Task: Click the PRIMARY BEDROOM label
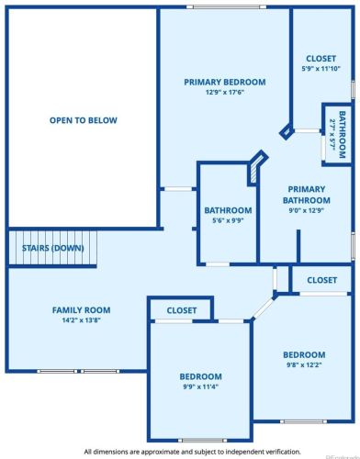click(224, 82)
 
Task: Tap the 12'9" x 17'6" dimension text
click(224, 93)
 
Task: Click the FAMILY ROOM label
click(81, 310)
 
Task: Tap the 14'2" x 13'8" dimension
click(81, 321)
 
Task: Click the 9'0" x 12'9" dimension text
click(306, 210)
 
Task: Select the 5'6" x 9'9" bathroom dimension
click(228, 220)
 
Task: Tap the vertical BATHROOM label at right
click(341, 134)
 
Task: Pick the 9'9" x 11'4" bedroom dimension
click(200, 387)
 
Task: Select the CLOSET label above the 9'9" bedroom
click(181, 310)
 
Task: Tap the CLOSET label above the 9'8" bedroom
click(321, 280)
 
